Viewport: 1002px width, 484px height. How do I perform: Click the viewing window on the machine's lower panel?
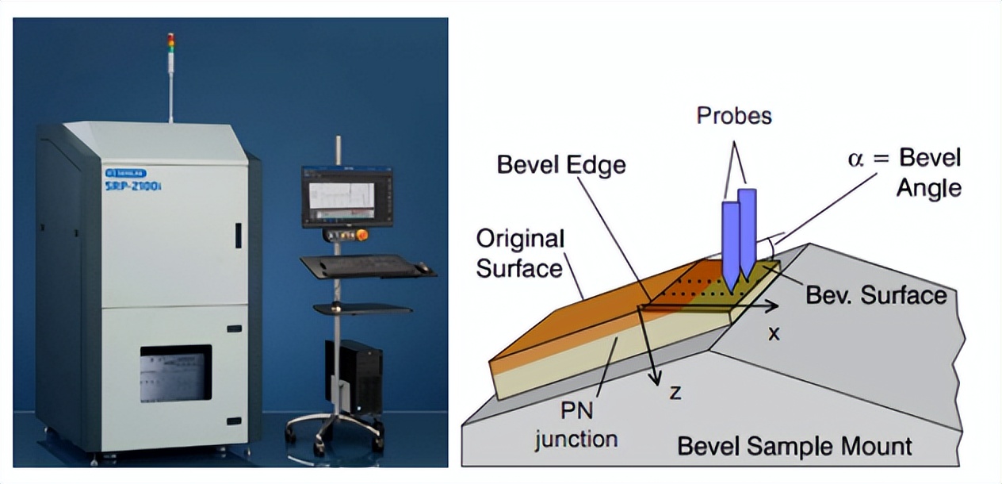pyautogui.click(x=176, y=373)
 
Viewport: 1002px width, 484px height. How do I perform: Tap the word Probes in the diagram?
pyautogui.click(x=733, y=116)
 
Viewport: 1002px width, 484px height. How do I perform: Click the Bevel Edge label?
pyautogui.click(x=560, y=164)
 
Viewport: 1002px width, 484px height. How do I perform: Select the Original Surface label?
pyautogui.click(x=520, y=254)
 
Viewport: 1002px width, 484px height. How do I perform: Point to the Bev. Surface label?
pyautogui.click(x=876, y=296)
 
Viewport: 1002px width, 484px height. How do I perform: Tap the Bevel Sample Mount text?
pyautogui.click(x=794, y=446)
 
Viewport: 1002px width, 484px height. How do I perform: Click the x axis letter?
pyautogui.click(x=773, y=333)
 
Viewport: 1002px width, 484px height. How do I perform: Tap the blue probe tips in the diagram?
pyautogui.click(x=737, y=278)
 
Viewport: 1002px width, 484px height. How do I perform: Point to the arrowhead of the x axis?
pyautogui.click(x=774, y=304)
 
